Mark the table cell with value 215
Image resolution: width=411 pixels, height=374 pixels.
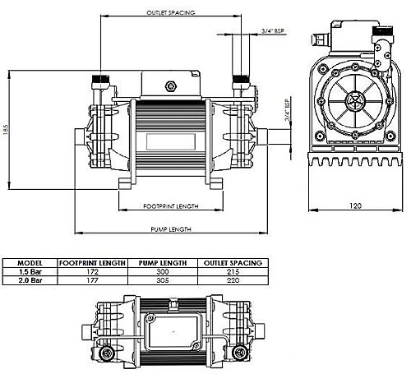click(235, 270)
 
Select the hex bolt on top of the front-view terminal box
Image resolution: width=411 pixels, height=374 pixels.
click(171, 85)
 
